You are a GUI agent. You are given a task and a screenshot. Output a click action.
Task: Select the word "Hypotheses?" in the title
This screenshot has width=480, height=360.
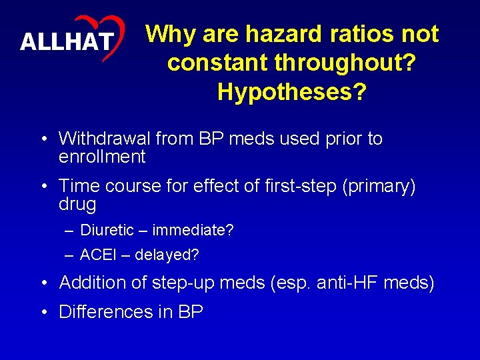point(292,92)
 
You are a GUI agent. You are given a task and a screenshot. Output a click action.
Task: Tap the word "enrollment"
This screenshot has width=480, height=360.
point(102,157)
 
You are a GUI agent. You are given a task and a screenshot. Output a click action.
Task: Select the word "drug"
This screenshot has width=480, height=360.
point(77,204)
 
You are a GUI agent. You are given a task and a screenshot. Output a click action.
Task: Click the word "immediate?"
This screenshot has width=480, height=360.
point(193,231)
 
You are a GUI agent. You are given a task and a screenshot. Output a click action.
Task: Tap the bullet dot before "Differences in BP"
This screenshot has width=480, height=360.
point(43,312)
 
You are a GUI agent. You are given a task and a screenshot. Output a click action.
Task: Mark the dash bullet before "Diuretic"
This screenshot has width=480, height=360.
point(70,231)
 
